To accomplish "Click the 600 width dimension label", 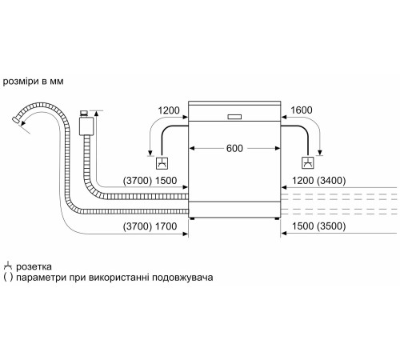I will (x=234, y=148).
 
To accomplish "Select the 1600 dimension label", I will (x=302, y=110).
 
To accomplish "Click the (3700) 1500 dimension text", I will (x=150, y=181).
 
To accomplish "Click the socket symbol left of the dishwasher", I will (x=162, y=163).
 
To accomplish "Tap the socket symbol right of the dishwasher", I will (x=306, y=163).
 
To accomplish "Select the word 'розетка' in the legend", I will (x=37, y=266).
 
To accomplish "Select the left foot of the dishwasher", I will (x=193, y=218).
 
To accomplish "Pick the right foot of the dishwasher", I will (x=276, y=218).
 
